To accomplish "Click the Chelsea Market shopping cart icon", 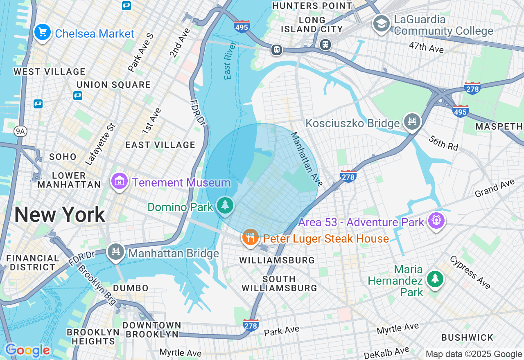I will [42, 32].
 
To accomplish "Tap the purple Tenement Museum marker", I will [119, 181].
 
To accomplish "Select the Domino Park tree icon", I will [225, 205].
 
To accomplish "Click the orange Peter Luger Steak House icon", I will [250, 237].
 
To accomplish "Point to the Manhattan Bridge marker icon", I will [115, 252].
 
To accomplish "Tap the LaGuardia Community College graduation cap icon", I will [381, 23].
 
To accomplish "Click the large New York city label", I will [60, 215].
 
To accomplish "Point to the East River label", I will [228, 60].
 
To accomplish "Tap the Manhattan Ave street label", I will [305, 159].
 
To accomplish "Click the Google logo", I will [27, 350].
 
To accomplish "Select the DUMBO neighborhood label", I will [131, 288].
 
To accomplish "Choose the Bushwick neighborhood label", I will [467, 337].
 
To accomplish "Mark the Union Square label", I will [114, 85].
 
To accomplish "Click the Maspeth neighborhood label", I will [499, 127].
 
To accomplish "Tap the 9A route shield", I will [20, 131].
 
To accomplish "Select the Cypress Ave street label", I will [470, 272].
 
